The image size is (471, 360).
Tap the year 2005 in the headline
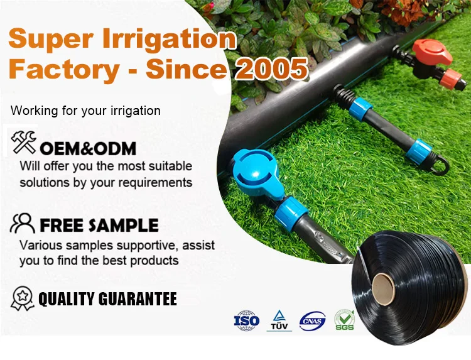pyautogui.click(x=271, y=68)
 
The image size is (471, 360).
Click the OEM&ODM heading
pyautogui.click(x=87, y=150)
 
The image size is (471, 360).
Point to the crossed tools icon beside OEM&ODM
pyautogui.click(x=24, y=143)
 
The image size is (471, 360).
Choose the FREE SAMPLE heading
pyautogui.click(x=99, y=225)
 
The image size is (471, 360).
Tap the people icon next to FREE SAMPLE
pyautogui.click(x=23, y=223)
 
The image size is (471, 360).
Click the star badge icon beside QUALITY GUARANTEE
pyautogui.click(x=23, y=298)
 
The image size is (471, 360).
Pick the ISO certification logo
pyautogui.click(x=246, y=320)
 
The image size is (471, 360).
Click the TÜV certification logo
pyautogui.click(x=279, y=320)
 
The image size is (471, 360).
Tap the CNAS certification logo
pyautogui.click(x=312, y=320)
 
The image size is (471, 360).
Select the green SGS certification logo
pyautogui.click(x=344, y=320)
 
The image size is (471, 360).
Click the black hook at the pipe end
pyautogui.click(x=439, y=166)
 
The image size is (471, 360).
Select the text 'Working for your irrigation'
pyautogui.click(x=86, y=111)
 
